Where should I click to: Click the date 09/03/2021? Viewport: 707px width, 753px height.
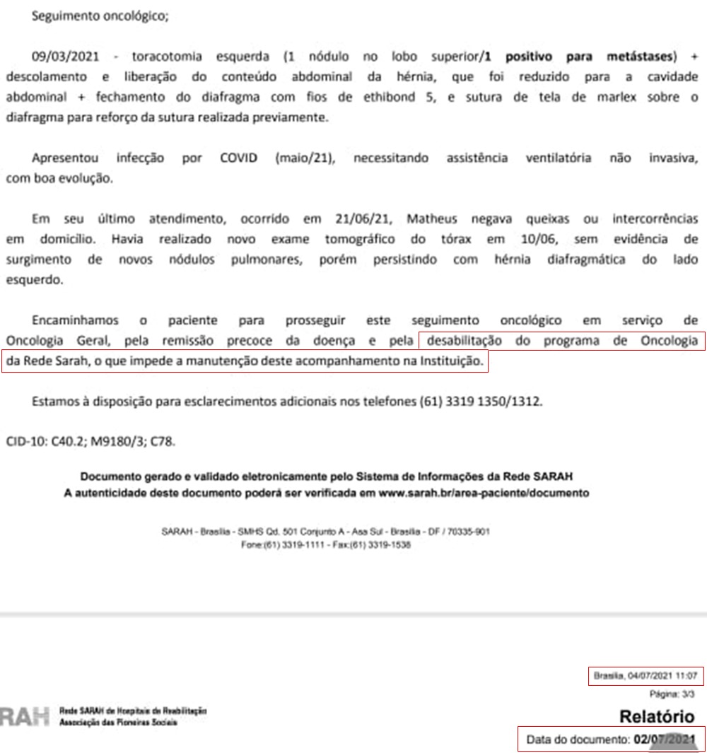[x=64, y=55]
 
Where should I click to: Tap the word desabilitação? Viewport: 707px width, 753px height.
[x=463, y=342]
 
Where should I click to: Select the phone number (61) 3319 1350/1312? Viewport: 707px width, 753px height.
[x=480, y=402]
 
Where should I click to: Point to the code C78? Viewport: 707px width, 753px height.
[x=162, y=442]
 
